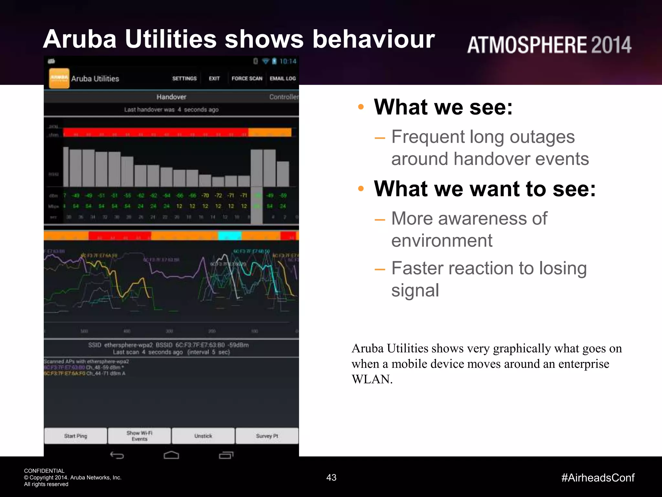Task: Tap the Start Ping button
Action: tap(75, 436)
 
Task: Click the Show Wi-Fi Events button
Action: tap(139, 436)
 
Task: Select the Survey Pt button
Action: tap(267, 436)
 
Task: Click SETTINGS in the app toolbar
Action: tap(184, 78)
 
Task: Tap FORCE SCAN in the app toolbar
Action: tap(247, 78)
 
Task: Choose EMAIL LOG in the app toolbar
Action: tap(283, 78)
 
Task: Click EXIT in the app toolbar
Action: tap(214, 78)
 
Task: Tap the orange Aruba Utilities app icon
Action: tap(59, 78)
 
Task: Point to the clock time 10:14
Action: tap(288, 61)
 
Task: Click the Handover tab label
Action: tap(171, 97)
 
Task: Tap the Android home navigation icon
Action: tap(171, 455)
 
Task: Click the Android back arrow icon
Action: tap(117, 455)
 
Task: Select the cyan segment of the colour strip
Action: tap(230, 236)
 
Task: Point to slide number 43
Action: tap(331, 477)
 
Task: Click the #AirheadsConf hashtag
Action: tap(598, 478)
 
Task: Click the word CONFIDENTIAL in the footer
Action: tap(44, 471)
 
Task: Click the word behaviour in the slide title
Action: tap(373, 39)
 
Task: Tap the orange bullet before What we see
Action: tap(361, 107)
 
